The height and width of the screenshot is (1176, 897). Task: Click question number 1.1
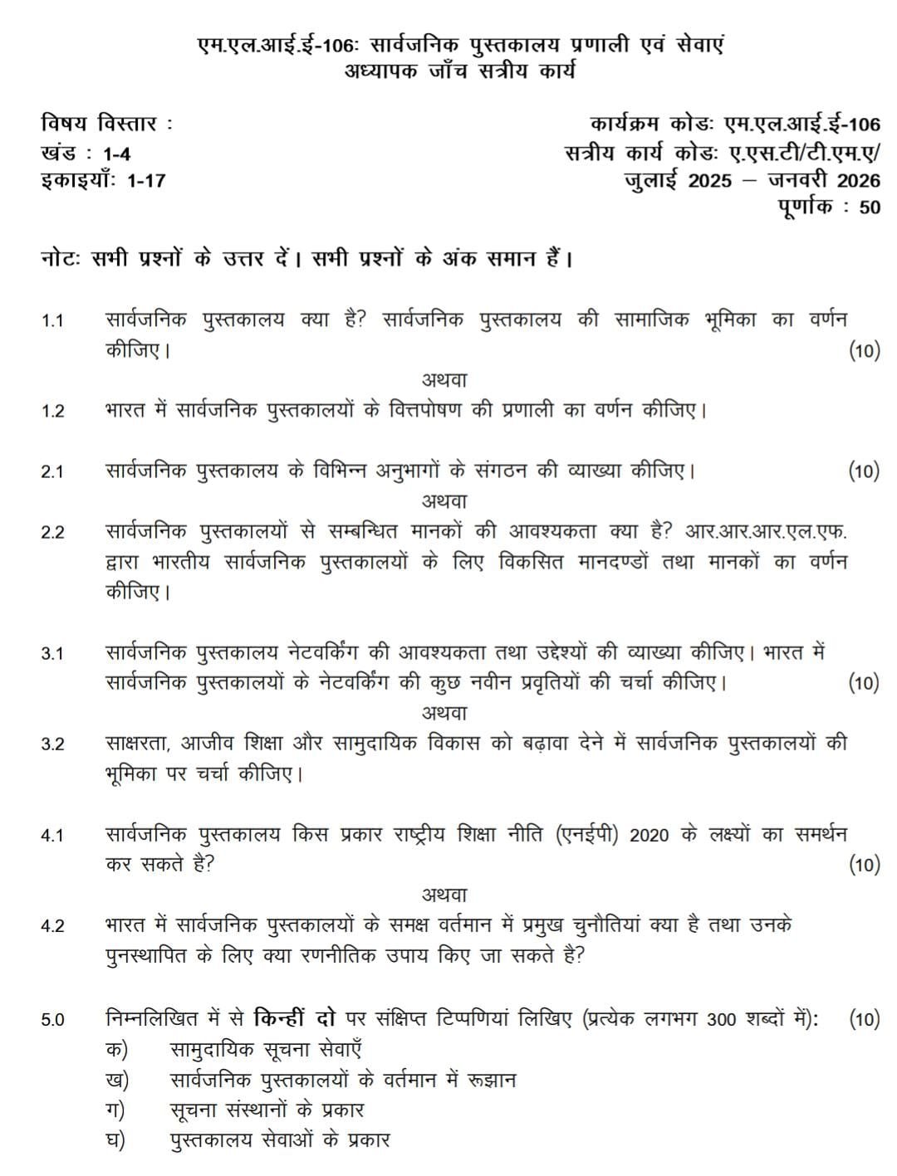(x=52, y=321)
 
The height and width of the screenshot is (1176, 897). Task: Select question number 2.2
(x=52, y=532)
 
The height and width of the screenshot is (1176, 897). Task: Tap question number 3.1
(x=52, y=654)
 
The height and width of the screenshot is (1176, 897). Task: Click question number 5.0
(x=52, y=1020)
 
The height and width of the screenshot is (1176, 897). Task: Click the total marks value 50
(x=870, y=207)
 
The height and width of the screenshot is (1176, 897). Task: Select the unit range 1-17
(x=146, y=180)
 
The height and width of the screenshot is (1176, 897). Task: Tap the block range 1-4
(x=117, y=154)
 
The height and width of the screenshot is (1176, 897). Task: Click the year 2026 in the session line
(x=858, y=180)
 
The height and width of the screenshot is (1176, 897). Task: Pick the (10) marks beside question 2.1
(x=864, y=471)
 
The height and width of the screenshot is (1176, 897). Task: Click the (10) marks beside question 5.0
(x=864, y=1019)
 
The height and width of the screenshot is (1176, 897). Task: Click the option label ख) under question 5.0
(x=118, y=1080)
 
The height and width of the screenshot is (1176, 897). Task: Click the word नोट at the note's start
(x=58, y=259)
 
